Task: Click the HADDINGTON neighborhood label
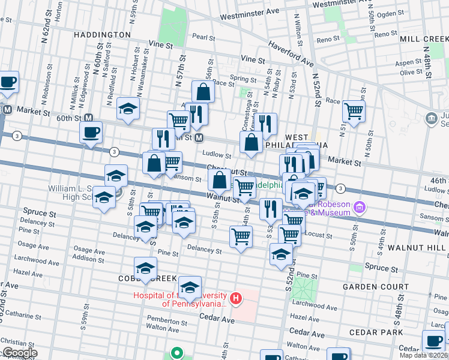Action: [x=102, y=35]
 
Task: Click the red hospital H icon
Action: [x=237, y=298]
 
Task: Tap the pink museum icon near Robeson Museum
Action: [x=360, y=208]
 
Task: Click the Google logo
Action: [x=19, y=353]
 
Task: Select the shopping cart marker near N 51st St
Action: [x=354, y=110]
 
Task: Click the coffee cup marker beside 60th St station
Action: [x=91, y=132]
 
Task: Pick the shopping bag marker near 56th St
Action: [x=203, y=92]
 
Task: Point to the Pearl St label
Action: [x=203, y=37]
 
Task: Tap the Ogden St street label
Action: [x=394, y=13]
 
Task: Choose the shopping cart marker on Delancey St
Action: [x=241, y=237]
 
